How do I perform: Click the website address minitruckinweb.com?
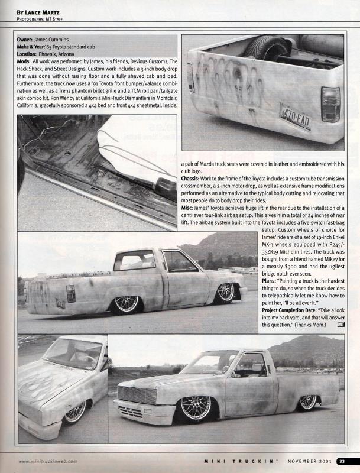47,461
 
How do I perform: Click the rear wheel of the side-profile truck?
125,303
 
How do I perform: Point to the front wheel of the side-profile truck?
225,291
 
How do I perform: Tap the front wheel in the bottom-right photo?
194,409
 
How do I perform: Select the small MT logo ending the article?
341,323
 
